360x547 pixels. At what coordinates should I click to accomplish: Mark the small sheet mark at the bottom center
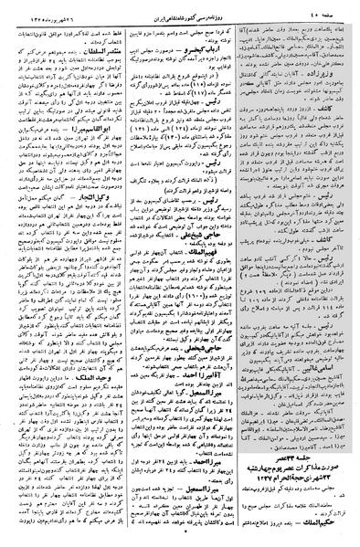click(180, 541)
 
